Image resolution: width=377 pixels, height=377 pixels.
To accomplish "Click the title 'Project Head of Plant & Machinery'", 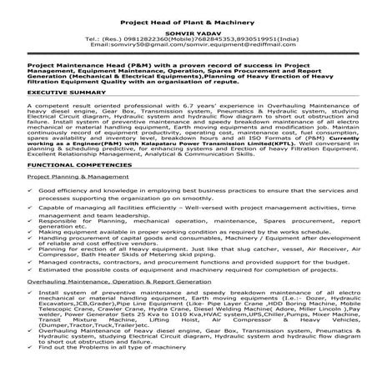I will [188, 23].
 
